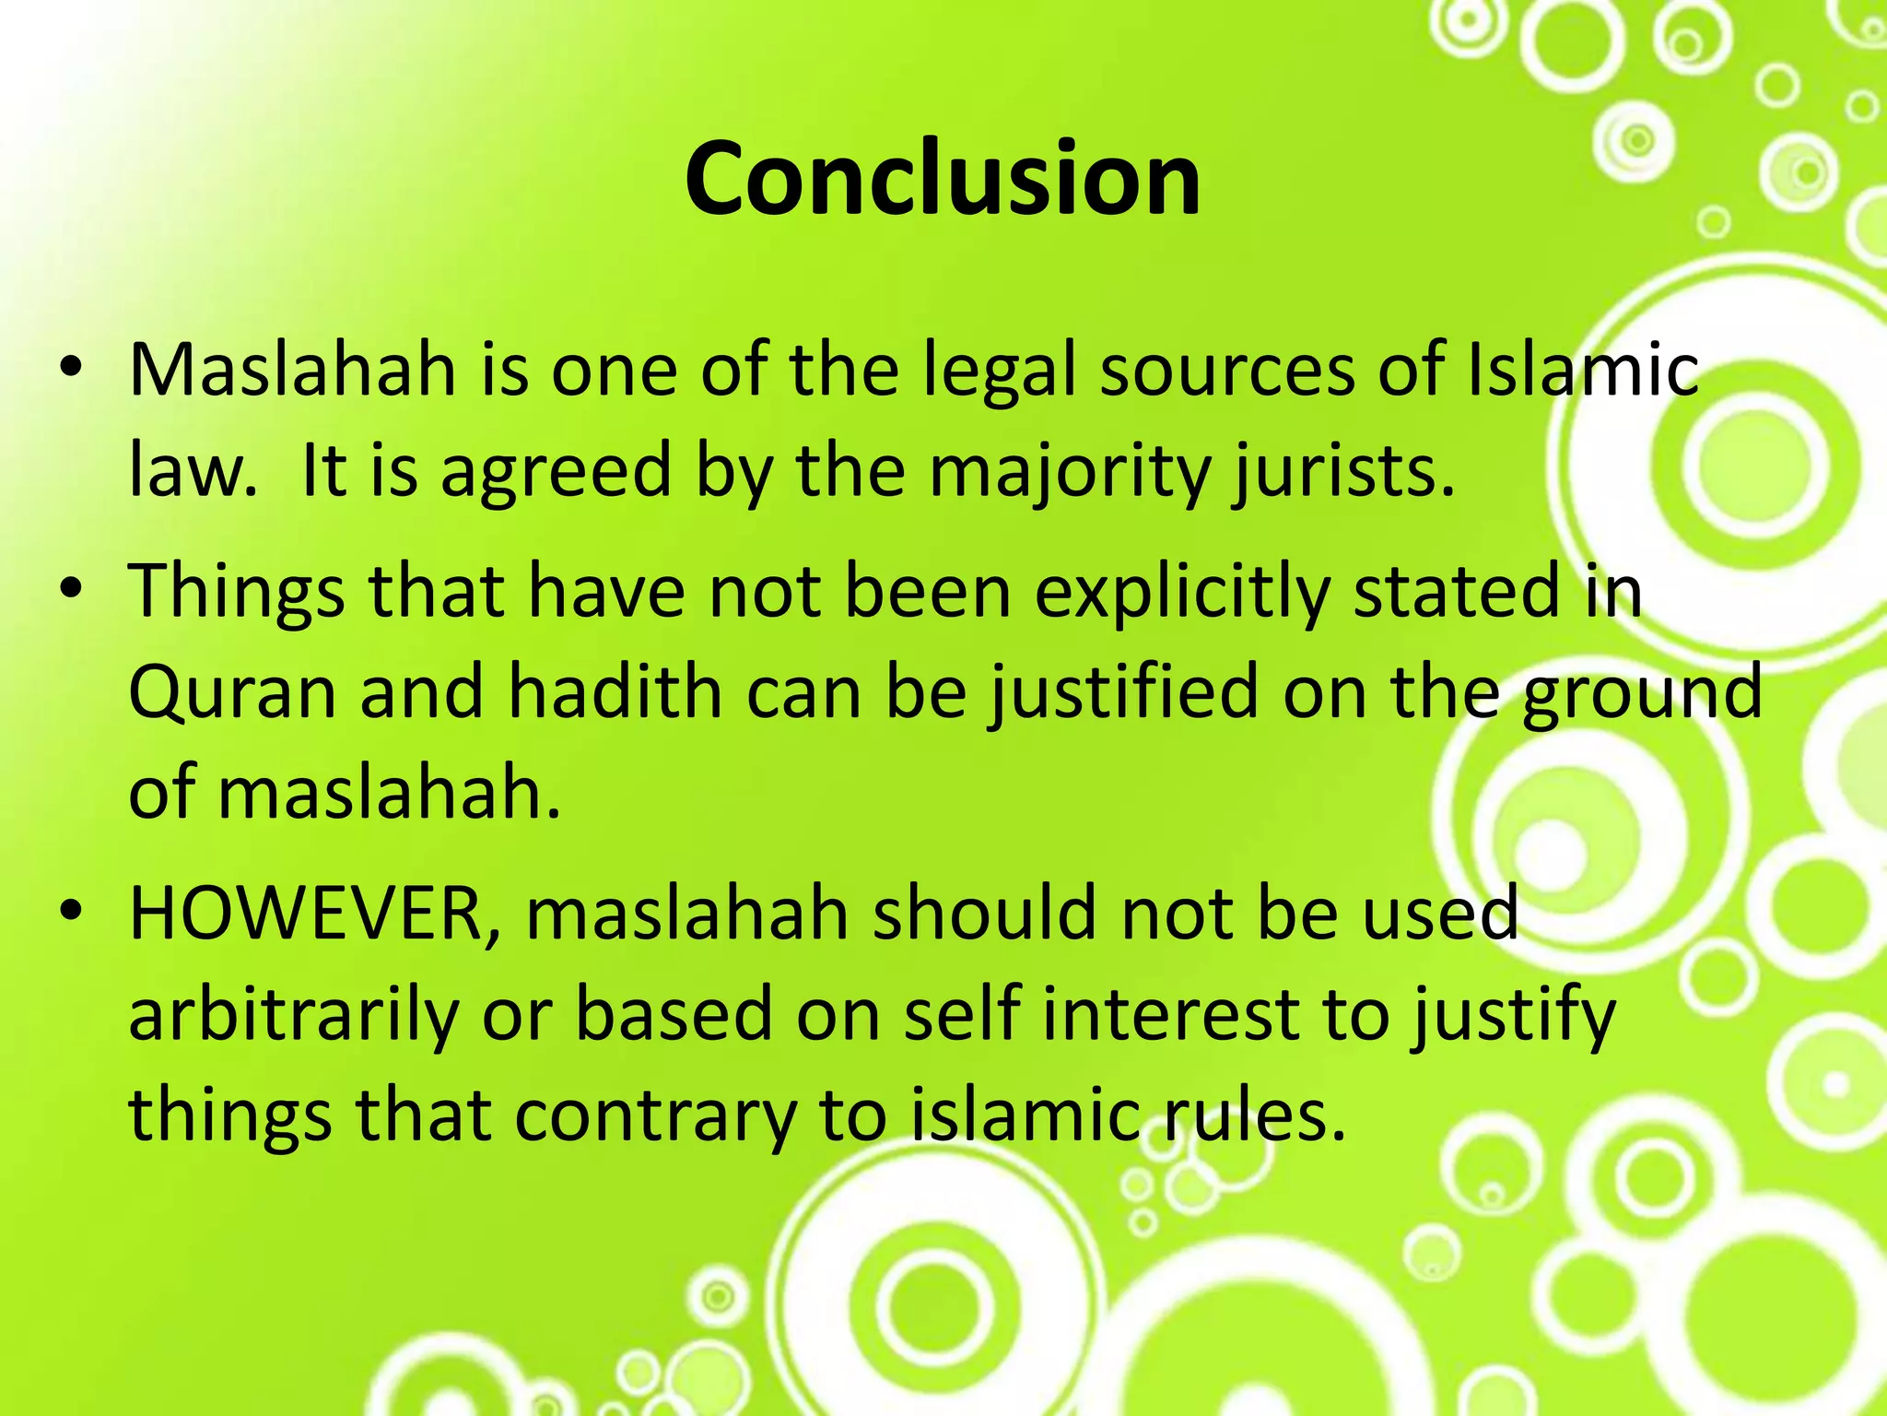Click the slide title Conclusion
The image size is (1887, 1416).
click(x=942, y=179)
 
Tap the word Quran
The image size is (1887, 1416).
click(x=231, y=692)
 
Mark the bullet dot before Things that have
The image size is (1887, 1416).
click(x=72, y=592)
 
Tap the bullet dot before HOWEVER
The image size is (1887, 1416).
click(x=72, y=914)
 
